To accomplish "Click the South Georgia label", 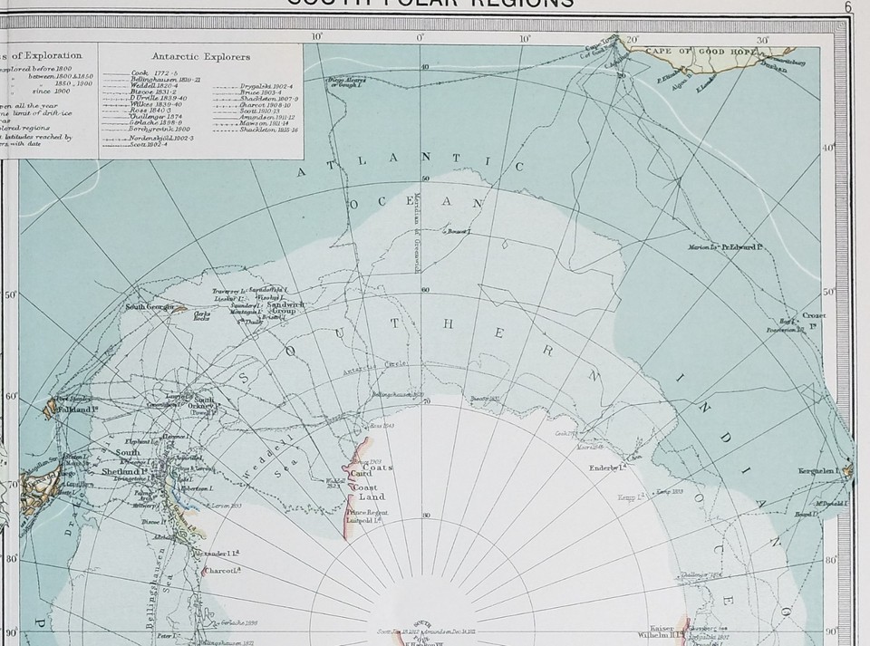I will (x=149, y=306).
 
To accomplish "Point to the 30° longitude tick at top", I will (x=762, y=40).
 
